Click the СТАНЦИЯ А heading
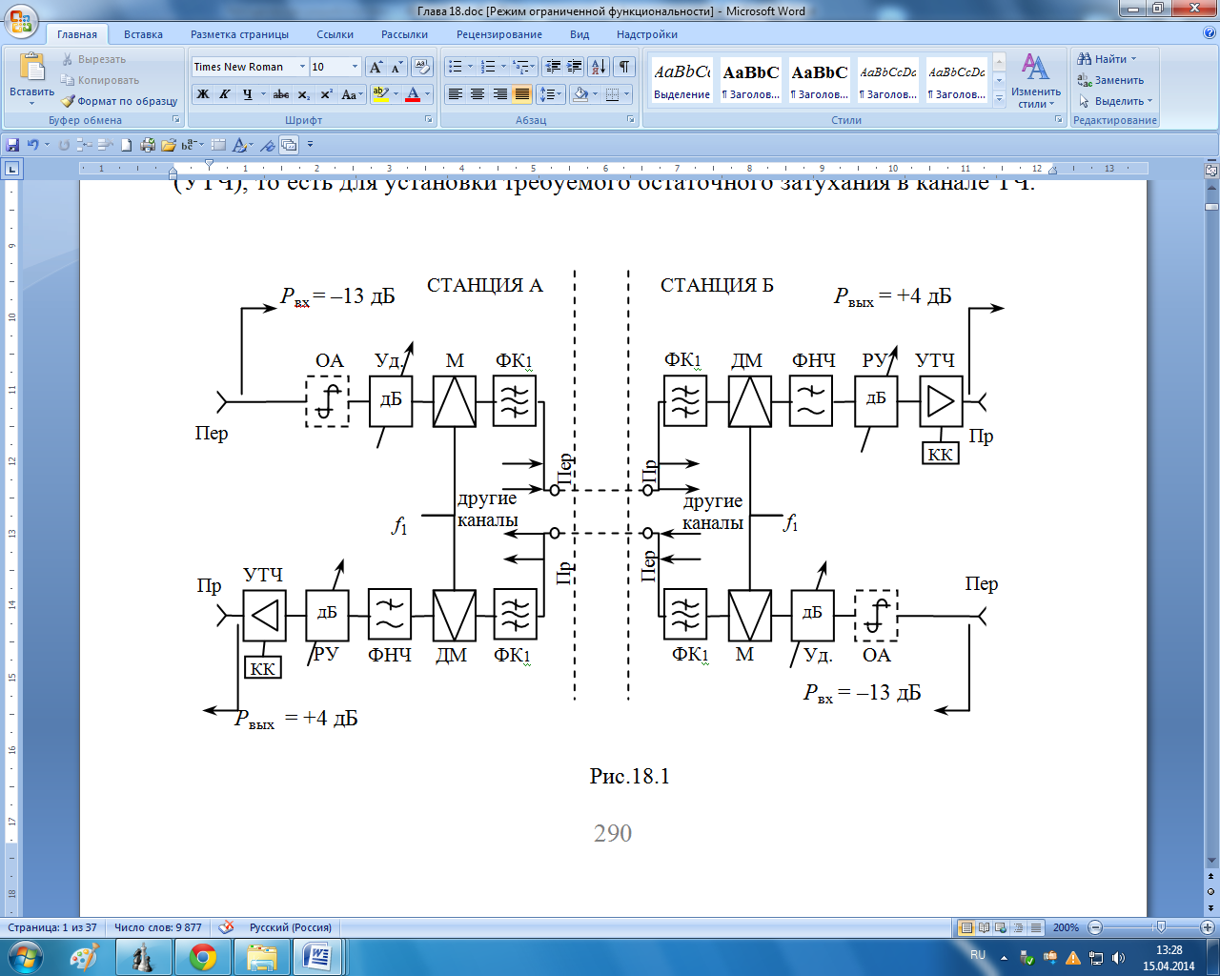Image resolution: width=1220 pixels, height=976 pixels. coord(484,285)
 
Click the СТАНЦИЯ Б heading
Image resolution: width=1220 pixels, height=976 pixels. coord(717,285)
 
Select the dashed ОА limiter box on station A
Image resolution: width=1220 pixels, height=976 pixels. coord(327,400)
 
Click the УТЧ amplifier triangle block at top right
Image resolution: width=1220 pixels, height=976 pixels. coord(941,400)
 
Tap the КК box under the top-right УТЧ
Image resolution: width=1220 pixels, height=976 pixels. coord(940,454)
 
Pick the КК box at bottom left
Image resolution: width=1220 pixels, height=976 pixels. coord(262,668)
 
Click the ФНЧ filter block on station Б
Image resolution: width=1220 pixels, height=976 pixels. coord(811,400)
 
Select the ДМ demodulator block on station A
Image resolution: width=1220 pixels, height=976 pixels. coord(454,615)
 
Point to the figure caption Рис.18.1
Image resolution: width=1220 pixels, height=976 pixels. coord(629,776)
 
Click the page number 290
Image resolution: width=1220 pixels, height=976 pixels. coord(613,833)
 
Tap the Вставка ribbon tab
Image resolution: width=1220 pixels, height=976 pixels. coord(143,34)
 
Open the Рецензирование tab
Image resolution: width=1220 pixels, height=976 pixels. coord(499,34)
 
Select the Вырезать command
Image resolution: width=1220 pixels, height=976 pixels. coord(94,59)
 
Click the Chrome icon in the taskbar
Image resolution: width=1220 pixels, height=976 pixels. coord(203,956)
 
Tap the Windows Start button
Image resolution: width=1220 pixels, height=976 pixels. coord(24,956)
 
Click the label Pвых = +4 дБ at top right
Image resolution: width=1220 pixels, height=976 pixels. coord(892,296)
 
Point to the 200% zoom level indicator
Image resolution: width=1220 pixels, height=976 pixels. coord(1066,927)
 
